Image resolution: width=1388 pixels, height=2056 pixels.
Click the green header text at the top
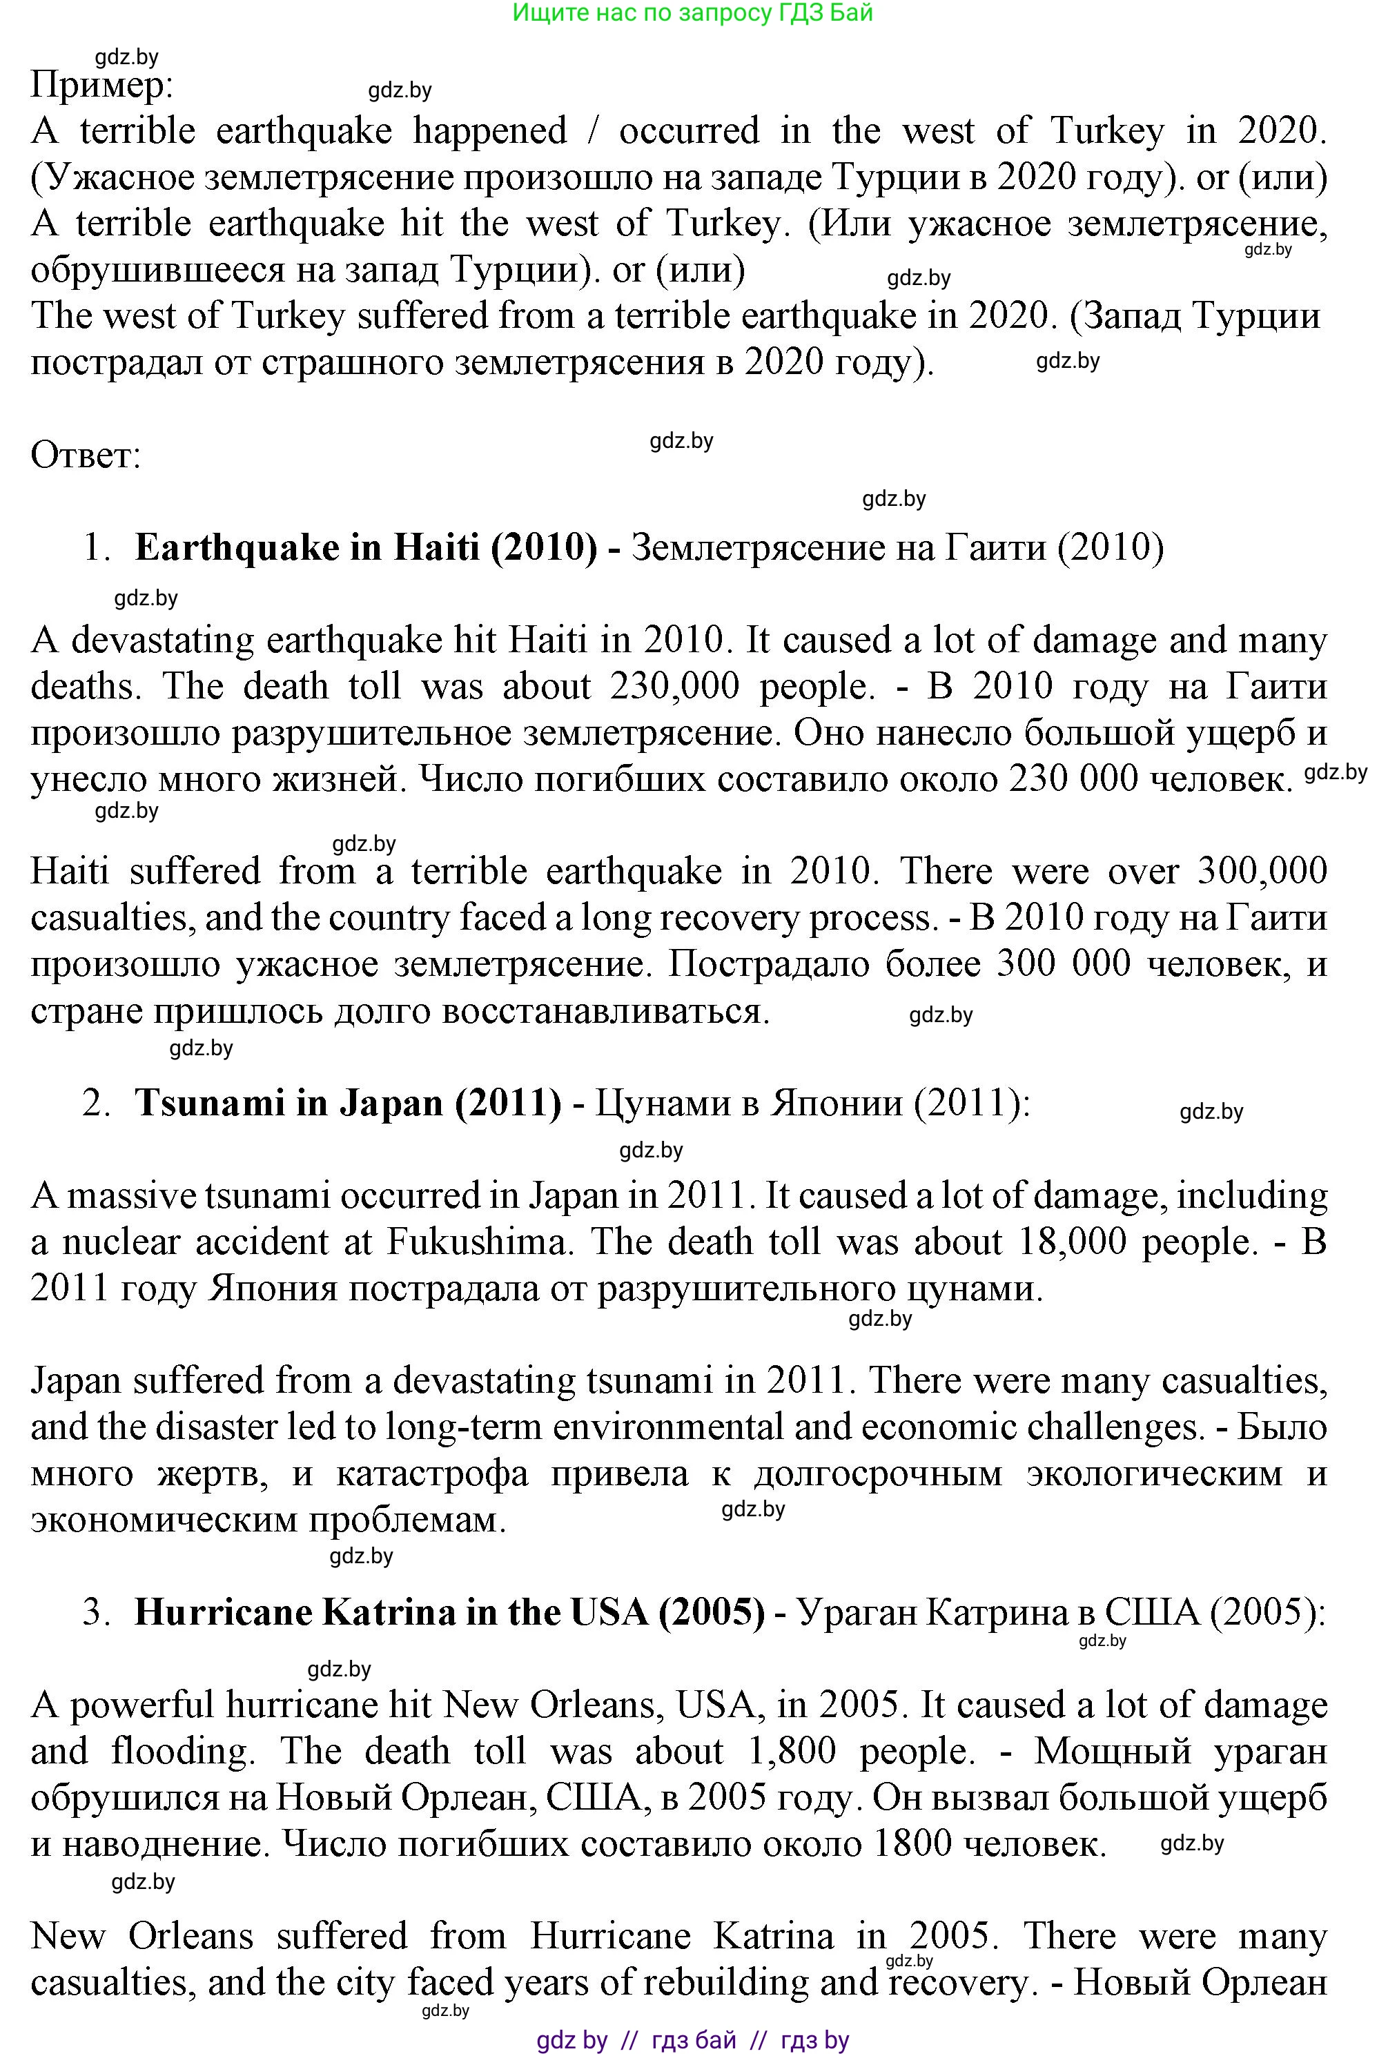coord(693,12)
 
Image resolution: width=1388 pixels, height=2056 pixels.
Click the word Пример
coord(101,86)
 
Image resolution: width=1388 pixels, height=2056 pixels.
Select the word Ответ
coord(86,456)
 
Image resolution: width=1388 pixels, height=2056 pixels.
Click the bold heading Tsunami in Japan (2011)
coord(348,1103)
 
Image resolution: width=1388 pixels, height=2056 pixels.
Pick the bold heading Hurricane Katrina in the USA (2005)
coord(449,1612)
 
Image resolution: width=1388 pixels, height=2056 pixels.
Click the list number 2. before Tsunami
coord(95,1103)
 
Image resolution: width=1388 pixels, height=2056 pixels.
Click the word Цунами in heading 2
coord(662,1103)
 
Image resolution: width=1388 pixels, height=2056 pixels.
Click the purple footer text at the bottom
coord(693,2040)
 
